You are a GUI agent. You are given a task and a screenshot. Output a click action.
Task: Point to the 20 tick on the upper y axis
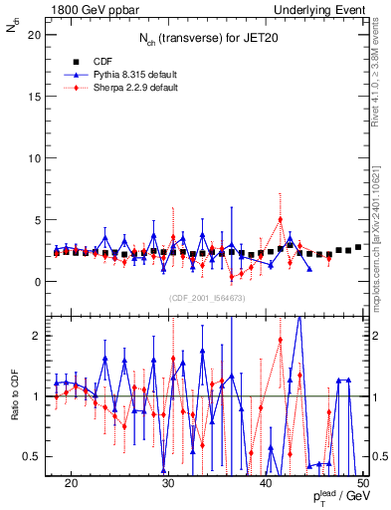tap(37, 35)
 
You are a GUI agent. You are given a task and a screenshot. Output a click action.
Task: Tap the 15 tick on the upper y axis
tap(37, 97)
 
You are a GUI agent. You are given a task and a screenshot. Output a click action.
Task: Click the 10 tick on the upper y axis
tap(37, 158)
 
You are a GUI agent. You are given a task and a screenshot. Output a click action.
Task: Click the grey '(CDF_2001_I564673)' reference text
tap(207, 299)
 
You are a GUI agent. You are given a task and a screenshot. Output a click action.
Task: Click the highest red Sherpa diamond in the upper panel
tap(281, 219)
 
